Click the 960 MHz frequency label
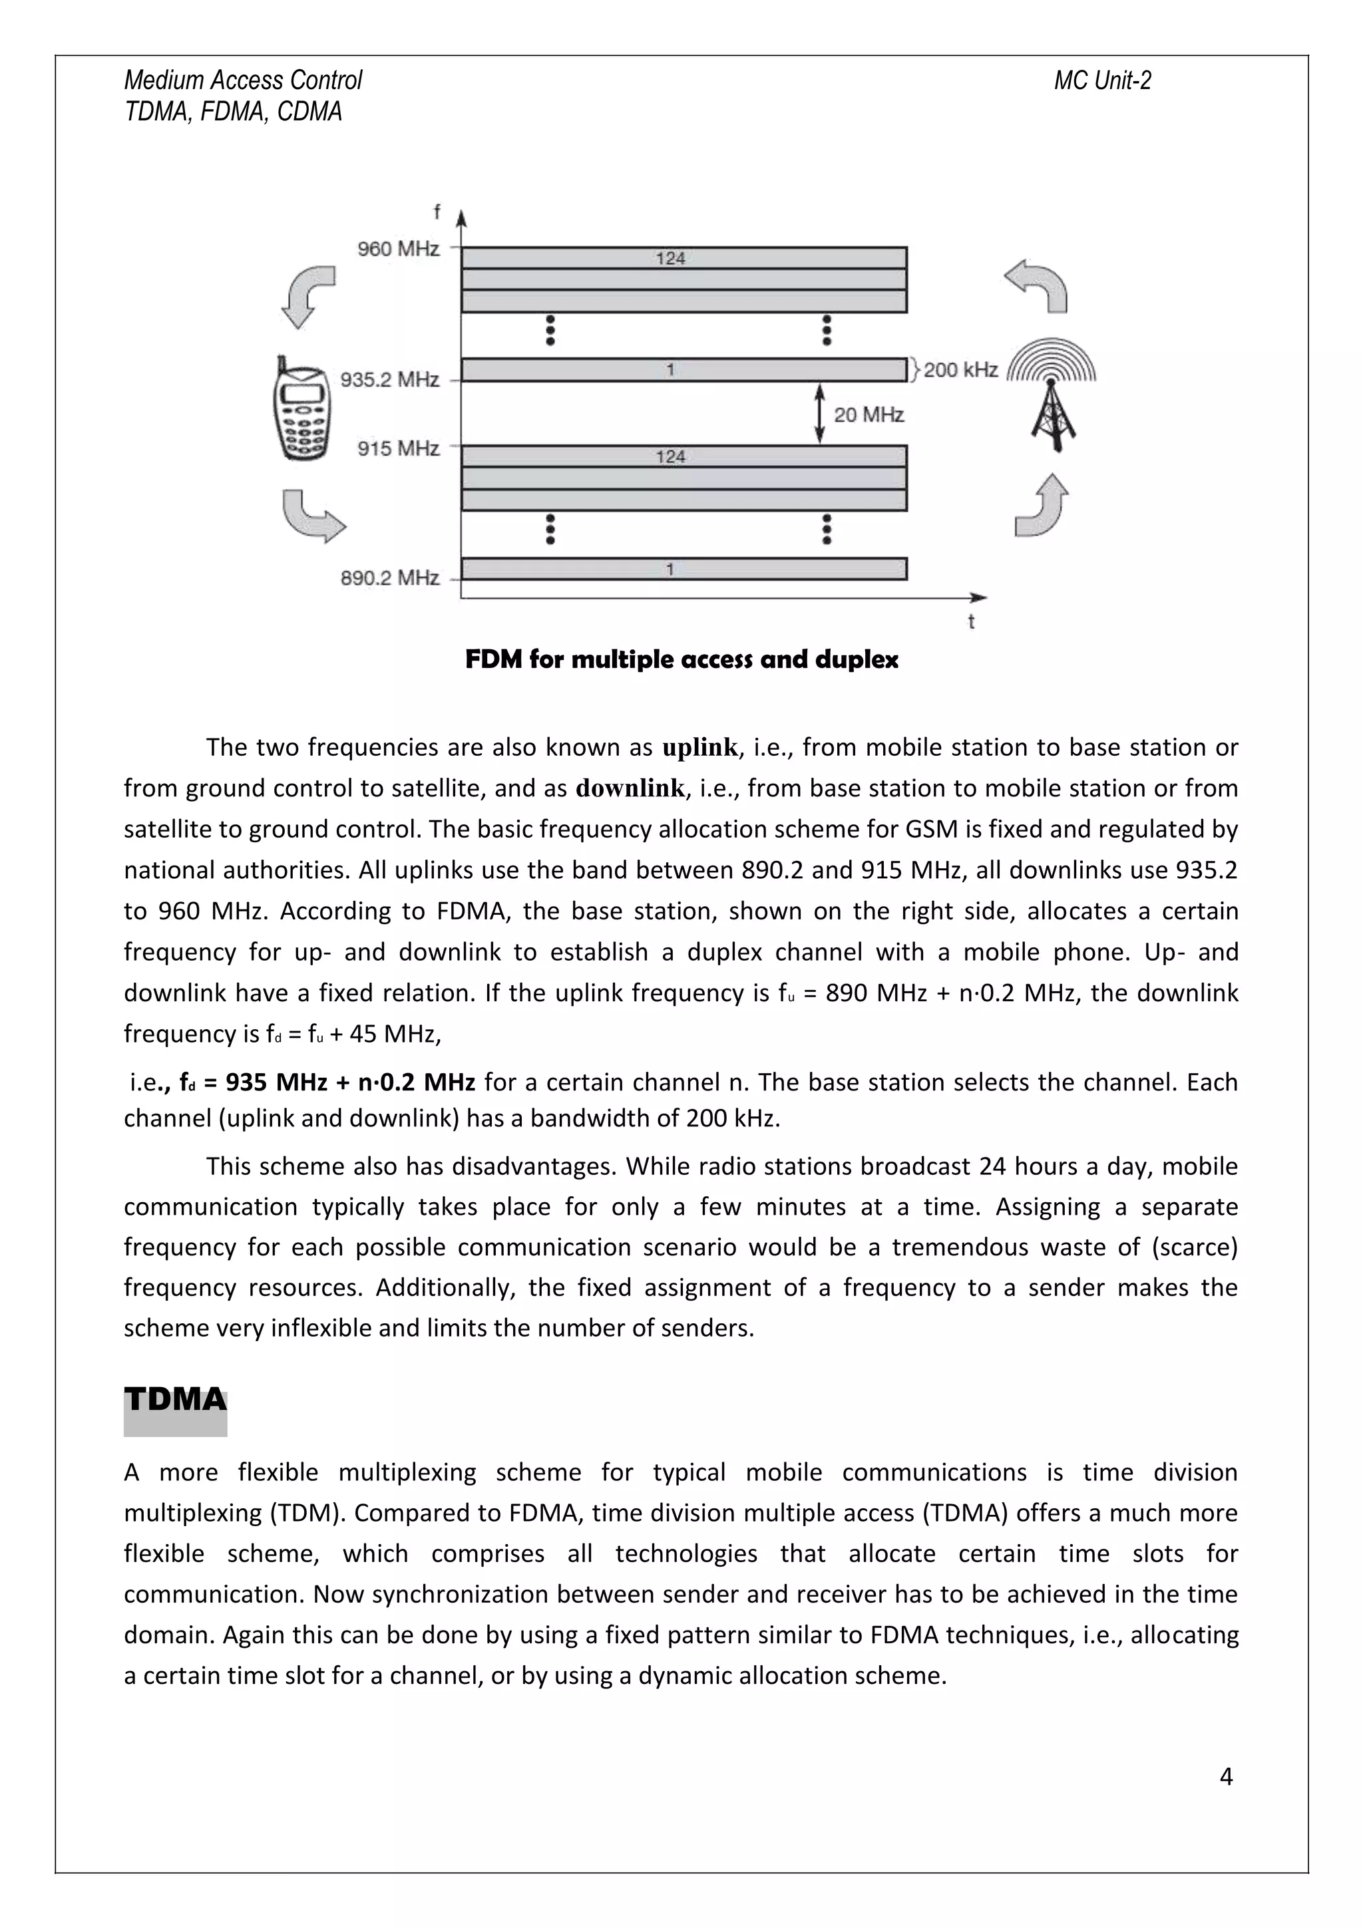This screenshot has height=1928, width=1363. click(398, 249)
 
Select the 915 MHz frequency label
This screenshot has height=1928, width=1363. click(398, 448)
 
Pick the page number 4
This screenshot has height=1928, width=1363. click(1225, 1776)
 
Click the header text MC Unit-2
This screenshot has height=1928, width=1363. click(1102, 80)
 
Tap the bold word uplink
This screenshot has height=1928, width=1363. click(699, 746)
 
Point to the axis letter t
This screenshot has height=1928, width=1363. click(971, 622)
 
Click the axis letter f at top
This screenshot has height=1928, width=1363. click(437, 212)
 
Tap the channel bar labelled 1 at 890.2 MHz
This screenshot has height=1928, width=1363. click(683, 569)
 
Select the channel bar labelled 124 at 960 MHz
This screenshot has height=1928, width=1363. click(683, 257)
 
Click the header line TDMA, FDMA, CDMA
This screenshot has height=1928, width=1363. click(233, 112)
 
